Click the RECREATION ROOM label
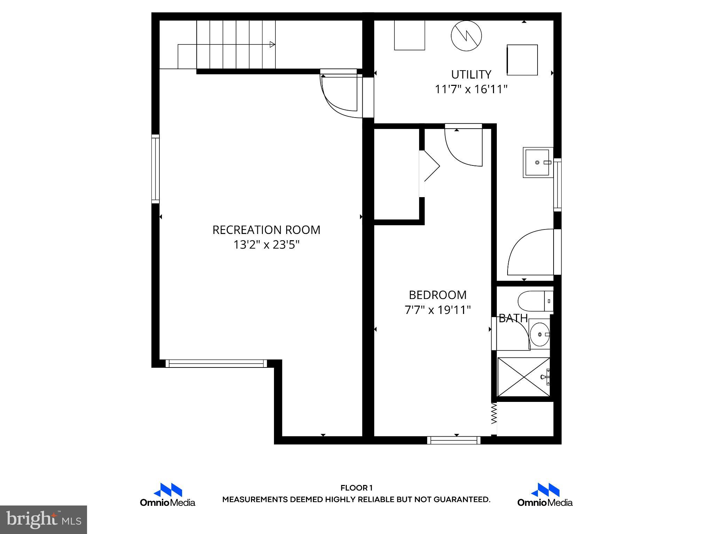(266, 230)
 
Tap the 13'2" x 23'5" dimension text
(266, 245)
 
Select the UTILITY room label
(471, 74)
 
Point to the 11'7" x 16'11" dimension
(471, 90)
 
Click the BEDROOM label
(438, 295)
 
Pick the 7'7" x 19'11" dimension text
(438, 310)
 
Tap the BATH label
(513, 318)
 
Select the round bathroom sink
(540, 334)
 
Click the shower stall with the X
(524, 377)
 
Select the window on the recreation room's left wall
(156, 169)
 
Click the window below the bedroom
(454, 440)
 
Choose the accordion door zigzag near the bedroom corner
(494, 414)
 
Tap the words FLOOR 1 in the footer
(356, 488)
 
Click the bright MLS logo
(44, 520)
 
